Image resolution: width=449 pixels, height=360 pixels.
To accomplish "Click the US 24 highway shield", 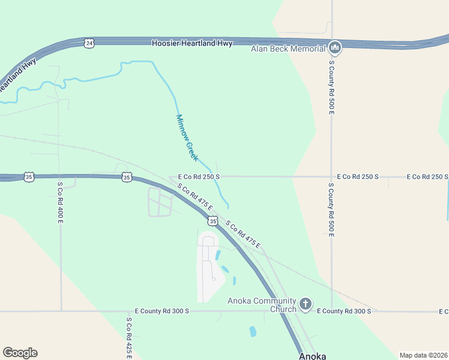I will (x=89, y=43).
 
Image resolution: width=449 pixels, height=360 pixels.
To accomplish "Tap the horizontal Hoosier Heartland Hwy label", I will (x=191, y=43).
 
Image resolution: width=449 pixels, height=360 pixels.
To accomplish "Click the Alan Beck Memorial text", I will (x=289, y=48).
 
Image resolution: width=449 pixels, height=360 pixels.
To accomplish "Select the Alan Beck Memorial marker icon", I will (x=335, y=47).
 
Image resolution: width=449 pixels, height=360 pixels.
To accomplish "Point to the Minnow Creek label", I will (x=187, y=137).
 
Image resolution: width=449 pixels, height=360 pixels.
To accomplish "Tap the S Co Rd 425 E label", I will (x=128, y=338).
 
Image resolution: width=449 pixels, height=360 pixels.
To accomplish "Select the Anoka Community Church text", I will (x=262, y=305).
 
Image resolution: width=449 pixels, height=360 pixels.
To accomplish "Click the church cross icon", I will (x=305, y=304).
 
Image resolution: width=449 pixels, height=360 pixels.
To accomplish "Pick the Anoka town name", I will (x=313, y=355).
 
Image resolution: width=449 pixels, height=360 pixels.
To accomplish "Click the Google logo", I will (x=20, y=353).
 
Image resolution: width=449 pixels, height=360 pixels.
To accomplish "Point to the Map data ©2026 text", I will (x=423, y=355).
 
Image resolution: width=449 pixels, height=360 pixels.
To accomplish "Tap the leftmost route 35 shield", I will (x=29, y=176).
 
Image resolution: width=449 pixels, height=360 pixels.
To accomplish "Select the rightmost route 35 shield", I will (x=212, y=221).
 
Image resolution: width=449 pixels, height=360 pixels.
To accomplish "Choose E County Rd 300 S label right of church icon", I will (x=344, y=311).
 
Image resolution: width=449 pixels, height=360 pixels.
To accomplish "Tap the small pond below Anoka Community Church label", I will (x=253, y=331).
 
